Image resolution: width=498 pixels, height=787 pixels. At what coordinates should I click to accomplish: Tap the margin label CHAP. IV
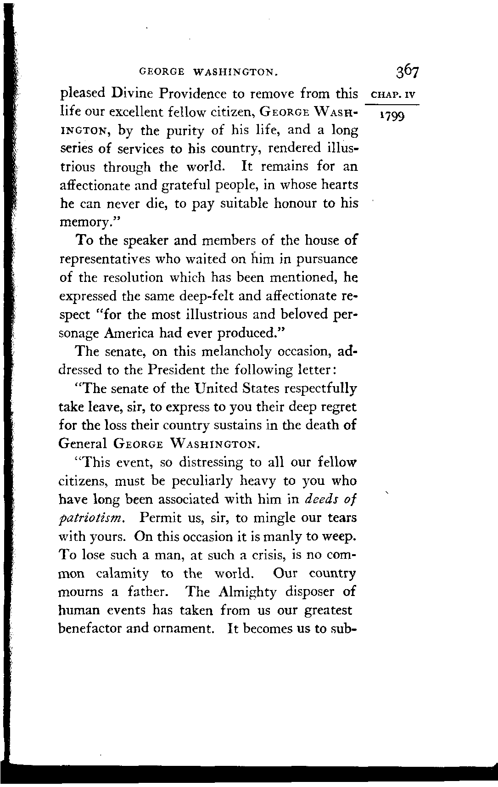(x=392, y=97)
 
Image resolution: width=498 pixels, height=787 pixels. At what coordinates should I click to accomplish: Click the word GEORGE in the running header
(x=162, y=72)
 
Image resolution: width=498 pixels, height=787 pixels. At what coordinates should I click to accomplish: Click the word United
(x=219, y=388)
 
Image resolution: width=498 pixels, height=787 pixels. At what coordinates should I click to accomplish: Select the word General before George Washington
(x=84, y=444)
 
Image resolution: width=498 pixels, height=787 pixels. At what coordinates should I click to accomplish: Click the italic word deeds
(x=320, y=499)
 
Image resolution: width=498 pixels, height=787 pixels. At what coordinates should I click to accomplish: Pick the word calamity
(x=123, y=574)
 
